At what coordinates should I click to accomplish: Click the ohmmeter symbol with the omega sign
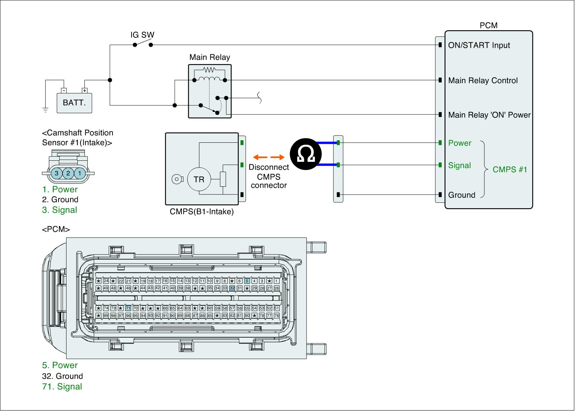pyautogui.click(x=305, y=154)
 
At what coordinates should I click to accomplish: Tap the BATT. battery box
pyautogui.click(x=74, y=103)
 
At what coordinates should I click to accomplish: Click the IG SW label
pyautogui.click(x=142, y=35)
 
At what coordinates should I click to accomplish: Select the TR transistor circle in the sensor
pyautogui.click(x=199, y=179)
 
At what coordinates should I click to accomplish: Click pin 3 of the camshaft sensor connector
pyautogui.click(x=56, y=173)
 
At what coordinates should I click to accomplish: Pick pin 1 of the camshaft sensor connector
pyautogui.click(x=79, y=173)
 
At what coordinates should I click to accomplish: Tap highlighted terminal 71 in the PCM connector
pyautogui.click(x=128, y=308)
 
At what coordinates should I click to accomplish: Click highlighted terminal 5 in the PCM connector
pyautogui.click(x=247, y=281)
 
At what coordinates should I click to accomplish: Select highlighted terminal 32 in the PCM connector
pyautogui.click(x=232, y=288)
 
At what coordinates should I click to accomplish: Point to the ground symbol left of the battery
pyautogui.click(x=45, y=110)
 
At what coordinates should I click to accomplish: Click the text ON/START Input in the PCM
pyautogui.click(x=479, y=45)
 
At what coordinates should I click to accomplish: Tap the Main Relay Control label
pyautogui.click(x=483, y=81)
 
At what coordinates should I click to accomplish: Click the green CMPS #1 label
pyautogui.click(x=510, y=169)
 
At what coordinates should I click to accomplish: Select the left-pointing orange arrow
pyautogui.click(x=260, y=157)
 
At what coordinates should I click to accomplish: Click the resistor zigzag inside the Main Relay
pyautogui.click(x=209, y=70)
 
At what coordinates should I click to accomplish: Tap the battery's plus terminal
pyautogui.click(x=84, y=90)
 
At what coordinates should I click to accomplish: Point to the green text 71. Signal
pyautogui.click(x=62, y=386)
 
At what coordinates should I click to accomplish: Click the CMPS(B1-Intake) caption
pyautogui.click(x=202, y=211)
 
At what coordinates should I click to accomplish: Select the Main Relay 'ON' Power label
pyautogui.click(x=489, y=115)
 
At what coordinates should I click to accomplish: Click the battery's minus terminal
pyautogui.click(x=64, y=90)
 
